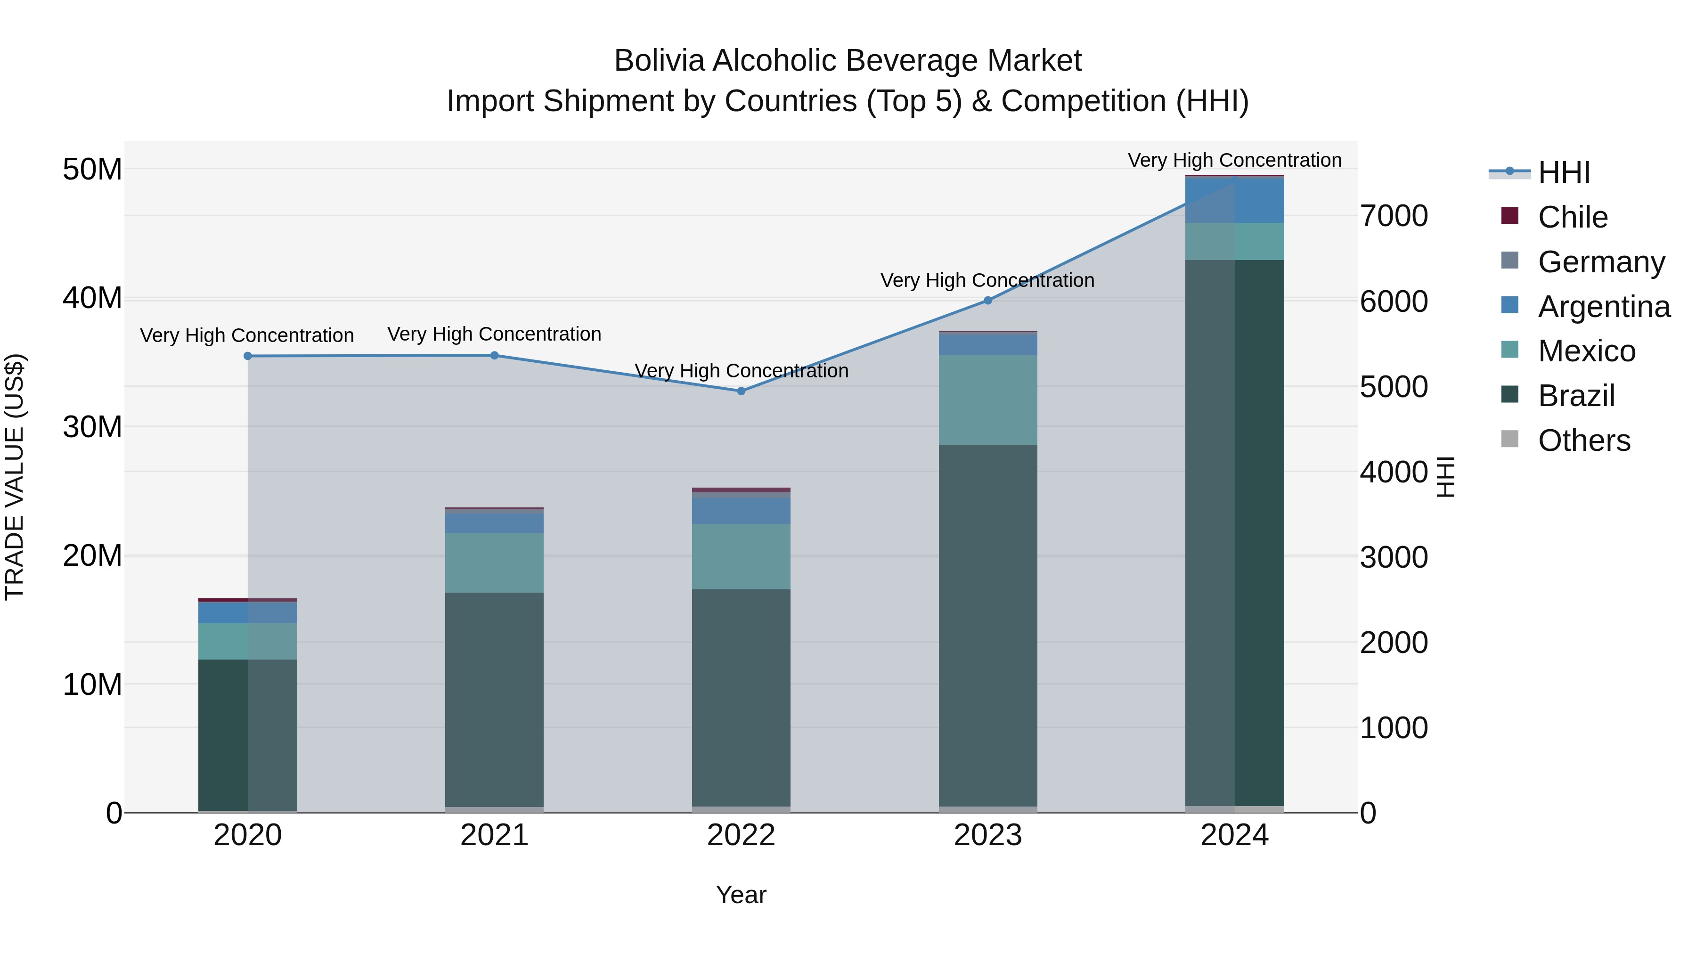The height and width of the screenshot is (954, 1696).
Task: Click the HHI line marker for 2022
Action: [x=741, y=391]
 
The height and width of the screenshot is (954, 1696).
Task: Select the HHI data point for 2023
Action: [x=987, y=300]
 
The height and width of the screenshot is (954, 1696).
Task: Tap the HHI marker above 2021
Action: [x=495, y=356]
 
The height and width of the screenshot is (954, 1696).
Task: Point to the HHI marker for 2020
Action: [x=247, y=356]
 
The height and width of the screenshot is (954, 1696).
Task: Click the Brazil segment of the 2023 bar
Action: [x=987, y=626]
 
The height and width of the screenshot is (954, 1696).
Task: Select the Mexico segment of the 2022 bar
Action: [x=741, y=556]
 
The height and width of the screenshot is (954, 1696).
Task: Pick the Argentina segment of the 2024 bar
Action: [x=1234, y=200]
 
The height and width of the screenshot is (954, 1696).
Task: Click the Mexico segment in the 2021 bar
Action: [x=495, y=563]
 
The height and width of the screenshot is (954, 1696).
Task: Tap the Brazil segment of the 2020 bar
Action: [x=247, y=734]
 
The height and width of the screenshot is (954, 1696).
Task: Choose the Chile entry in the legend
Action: [x=1572, y=217]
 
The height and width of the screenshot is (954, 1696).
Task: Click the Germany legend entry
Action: [x=1600, y=262]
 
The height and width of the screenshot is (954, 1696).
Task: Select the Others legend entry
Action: [x=1583, y=440]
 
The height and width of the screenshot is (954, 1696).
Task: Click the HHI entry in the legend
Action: [x=1563, y=172]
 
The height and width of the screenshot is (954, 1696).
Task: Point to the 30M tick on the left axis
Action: [x=92, y=427]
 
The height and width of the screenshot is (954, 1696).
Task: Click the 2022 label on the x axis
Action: [x=741, y=835]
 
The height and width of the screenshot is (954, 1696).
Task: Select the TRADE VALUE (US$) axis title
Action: [x=15, y=477]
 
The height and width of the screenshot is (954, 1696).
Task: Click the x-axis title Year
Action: [x=741, y=895]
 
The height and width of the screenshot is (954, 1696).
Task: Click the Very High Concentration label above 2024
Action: [x=1234, y=160]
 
